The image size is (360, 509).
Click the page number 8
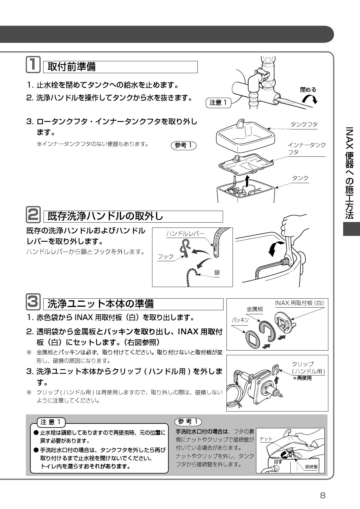click(x=323, y=495)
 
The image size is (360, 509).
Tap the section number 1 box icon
click(x=33, y=65)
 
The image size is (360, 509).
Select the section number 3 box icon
click(x=33, y=302)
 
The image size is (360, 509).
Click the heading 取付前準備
click(x=72, y=67)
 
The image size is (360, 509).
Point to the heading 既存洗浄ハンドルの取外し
click(x=105, y=216)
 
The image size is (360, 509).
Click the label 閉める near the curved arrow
click(x=308, y=90)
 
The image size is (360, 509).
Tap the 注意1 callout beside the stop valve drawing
click(x=218, y=103)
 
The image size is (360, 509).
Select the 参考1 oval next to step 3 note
click(x=184, y=145)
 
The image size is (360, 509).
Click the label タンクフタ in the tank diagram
click(x=304, y=124)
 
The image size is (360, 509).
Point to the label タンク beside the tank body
click(x=300, y=178)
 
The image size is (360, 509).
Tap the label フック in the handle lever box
click(x=165, y=257)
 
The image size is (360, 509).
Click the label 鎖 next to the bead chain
click(x=217, y=272)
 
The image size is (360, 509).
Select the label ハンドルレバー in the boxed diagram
click(x=185, y=234)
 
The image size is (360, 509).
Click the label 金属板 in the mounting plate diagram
click(x=255, y=309)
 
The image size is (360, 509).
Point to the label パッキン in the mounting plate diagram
click(x=240, y=320)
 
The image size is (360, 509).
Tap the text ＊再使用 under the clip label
click(x=302, y=378)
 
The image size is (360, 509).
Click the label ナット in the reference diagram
click(x=266, y=439)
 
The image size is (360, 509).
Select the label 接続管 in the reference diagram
click(x=311, y=467)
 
